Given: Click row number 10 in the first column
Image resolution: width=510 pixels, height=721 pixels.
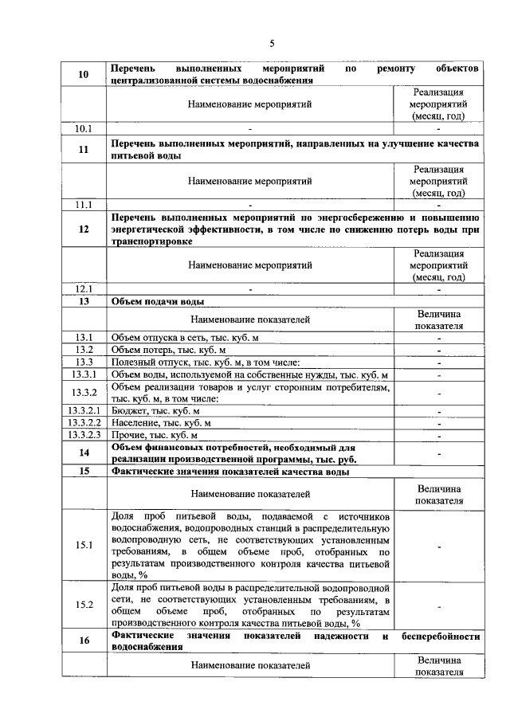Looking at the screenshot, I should (84, 74).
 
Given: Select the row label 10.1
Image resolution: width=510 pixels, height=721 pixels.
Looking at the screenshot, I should (84, 128).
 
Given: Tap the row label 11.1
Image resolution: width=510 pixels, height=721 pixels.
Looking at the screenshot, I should (84, 205).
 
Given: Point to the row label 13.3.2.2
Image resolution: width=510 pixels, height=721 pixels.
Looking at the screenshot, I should (84, 423).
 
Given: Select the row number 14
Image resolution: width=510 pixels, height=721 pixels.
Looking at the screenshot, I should (84, 453).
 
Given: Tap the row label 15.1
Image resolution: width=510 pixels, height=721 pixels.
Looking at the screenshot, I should (84, 546).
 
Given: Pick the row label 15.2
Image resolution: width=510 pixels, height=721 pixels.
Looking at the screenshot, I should (84, 605).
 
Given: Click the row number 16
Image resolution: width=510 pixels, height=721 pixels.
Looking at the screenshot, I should (84, 642).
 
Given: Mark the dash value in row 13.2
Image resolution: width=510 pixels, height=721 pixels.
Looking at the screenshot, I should (438, 350).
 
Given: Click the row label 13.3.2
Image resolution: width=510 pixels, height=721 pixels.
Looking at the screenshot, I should (84, 393).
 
